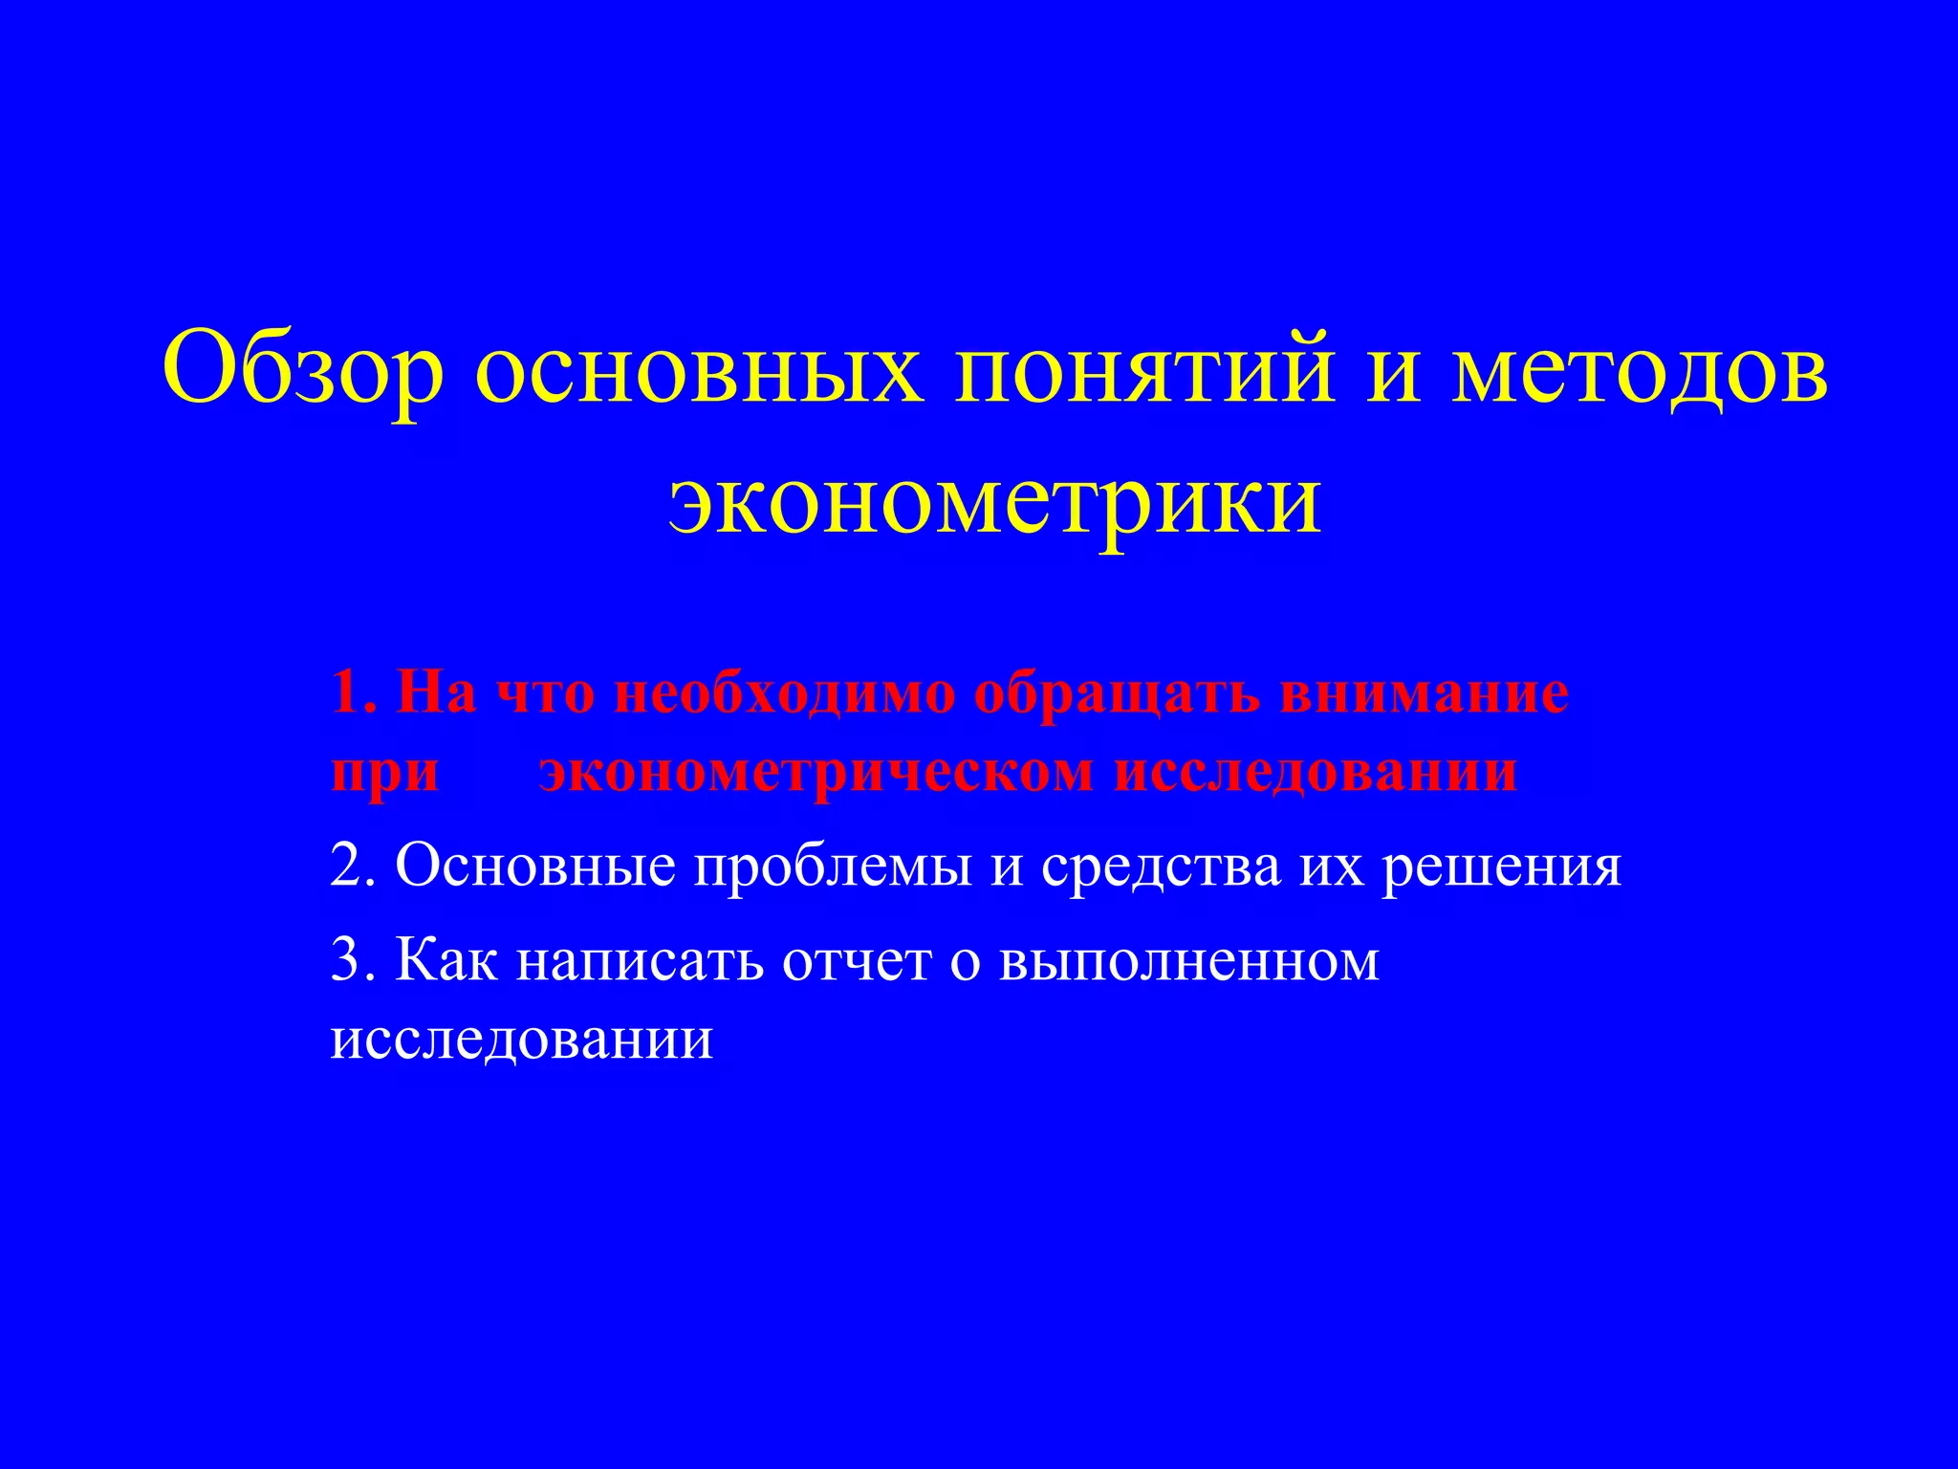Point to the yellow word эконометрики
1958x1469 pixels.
point(995,501)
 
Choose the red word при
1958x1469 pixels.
point(384,773)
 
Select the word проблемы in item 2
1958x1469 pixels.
point(833,868)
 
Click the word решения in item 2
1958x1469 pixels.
point(1502,868)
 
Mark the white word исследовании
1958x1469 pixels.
point(522,1039)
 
